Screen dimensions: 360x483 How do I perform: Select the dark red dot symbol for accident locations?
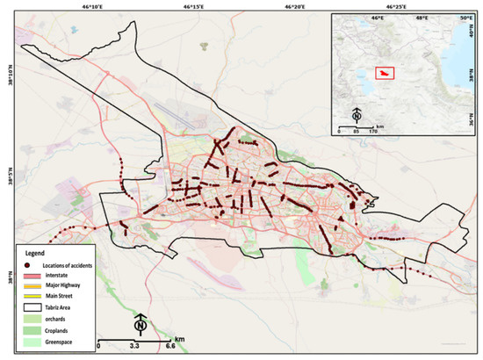30,264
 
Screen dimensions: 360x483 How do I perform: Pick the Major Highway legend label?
66,284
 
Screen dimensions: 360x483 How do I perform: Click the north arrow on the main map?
140,325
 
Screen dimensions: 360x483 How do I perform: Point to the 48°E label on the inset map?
422,17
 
